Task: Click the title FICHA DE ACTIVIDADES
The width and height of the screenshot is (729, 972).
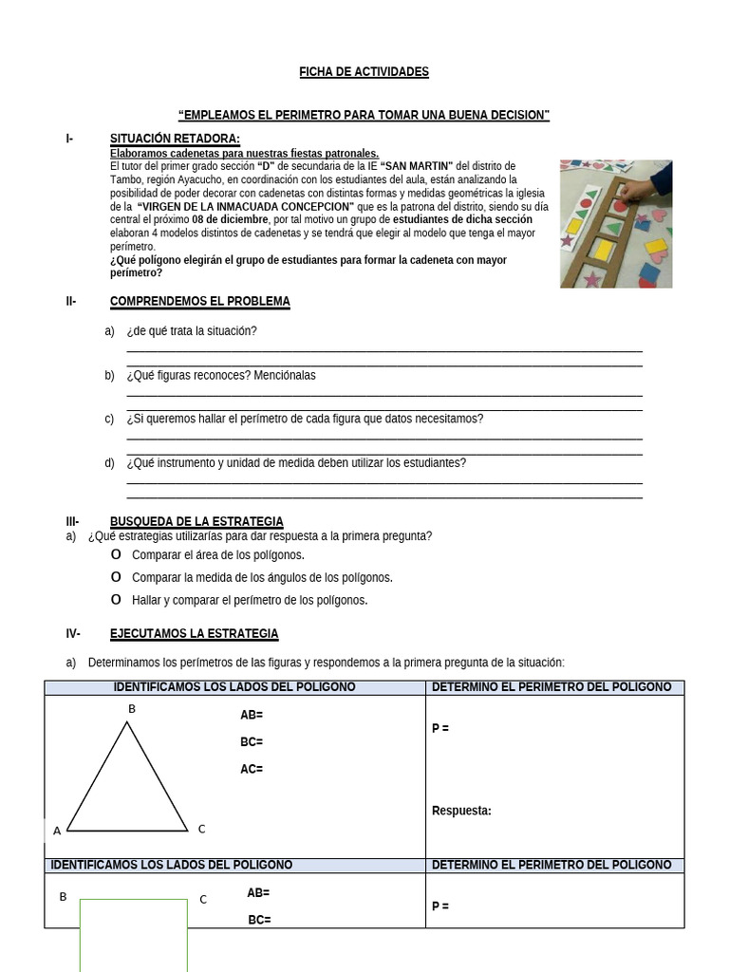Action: pyautogui.click(x=364, y=72)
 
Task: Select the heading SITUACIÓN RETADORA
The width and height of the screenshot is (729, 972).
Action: pyautogui.click(x=175, y=140)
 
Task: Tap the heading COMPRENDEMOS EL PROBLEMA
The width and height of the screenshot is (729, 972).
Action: pyautogui.click(x=200, y=302)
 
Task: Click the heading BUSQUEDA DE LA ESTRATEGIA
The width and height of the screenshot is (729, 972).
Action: pyautogui.click(x=196, y=522)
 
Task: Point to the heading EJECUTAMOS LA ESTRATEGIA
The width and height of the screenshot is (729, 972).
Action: pyautogui.click(x=195, y=633)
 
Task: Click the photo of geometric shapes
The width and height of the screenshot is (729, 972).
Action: pyautogui.click(x=615, y=223)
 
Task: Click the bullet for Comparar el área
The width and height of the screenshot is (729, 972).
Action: pyautogui.click(x=116, y=554)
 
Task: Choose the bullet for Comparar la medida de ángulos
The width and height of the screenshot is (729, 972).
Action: pyautogui.click(x=116, y=577)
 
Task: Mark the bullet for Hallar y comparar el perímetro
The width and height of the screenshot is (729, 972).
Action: pyautogui.click(x=116, y=600)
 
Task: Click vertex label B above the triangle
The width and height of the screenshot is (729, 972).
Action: pyautogui.click(x=132, y=709)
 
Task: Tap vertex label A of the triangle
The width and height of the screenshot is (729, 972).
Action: pyautogui.click(x=57, y=831)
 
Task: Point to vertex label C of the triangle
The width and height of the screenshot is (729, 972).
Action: pyautogui.click(x=201, y=829)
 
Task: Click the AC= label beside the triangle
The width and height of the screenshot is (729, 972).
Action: pyautogui.click(x=252, y=769)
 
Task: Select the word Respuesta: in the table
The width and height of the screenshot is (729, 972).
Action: pyautogui.click(x=461, y=811)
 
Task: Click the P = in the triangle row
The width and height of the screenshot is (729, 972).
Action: pyautogui.click(x=440, y=728)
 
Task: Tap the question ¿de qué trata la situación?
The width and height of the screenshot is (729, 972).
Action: pyautogui.click(x=192, y=331)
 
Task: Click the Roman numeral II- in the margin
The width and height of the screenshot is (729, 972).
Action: pyautogui.click(x=70, y=302)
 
